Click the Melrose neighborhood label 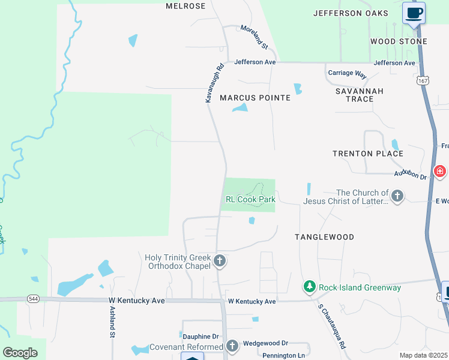click(185, 6)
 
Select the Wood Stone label click(399, 41)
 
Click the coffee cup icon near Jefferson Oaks click(414, 13)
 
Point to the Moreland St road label click(254, 36)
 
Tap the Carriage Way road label click(347, 74)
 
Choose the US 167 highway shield click(423, 80)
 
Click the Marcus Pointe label click(255, 98)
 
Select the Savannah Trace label click(360, 95)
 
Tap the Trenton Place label click(368, 154)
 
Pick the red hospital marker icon click(440, 172)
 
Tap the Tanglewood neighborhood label click(324, 237)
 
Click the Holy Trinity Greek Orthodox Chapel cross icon click(220, 261)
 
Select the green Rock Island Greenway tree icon click(310, 287)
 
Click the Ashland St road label click(112, 322)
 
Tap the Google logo click(20, 353)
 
